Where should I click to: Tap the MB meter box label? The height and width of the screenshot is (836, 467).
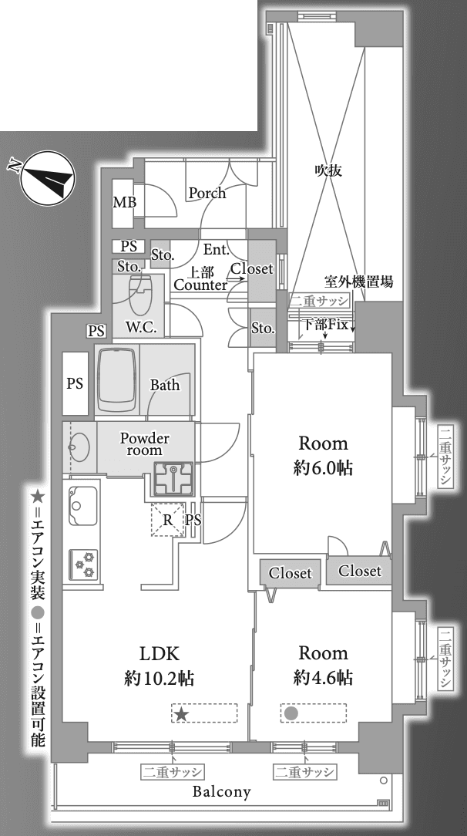tap(125, 203)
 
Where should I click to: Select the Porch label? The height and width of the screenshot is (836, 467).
tap(207, 193)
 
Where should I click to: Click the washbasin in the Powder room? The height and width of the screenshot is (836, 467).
tap(79, 447)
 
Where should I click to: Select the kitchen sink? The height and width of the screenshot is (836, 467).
tap(82, 506)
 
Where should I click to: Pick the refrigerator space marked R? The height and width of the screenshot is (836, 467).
tap(168, 519)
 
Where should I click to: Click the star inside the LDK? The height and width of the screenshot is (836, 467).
tap(182, 713)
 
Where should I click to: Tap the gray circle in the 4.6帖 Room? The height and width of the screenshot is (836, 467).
tap(291, 713)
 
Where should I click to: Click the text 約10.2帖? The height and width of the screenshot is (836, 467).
tap(160, 678)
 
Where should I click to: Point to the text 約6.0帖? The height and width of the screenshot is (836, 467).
tap(323, 468)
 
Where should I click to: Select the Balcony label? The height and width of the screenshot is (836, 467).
tap(221, 791)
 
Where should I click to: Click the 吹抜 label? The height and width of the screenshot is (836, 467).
tap(328, 170)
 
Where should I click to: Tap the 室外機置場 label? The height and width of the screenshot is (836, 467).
tap(359, 281)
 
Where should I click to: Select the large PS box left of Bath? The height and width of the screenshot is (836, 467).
tap(75, 383)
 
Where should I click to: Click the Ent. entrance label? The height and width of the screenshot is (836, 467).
tap(217, 249)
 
